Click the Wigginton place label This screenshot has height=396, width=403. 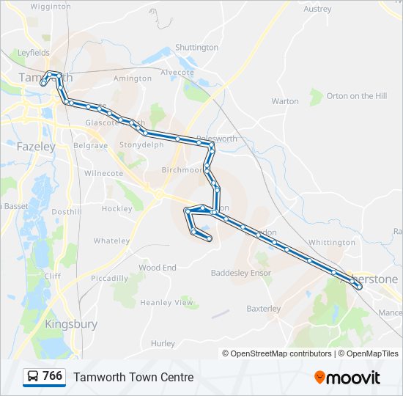tap(51, 6)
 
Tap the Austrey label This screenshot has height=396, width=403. tap(317, 10)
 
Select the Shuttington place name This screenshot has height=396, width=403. tap(196, 48)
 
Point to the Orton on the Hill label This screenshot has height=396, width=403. tap(357, 96)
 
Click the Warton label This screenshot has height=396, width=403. tap(285, 101)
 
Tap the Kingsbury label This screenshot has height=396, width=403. tap(71, 323)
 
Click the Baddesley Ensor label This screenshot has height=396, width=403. tap(241, 274)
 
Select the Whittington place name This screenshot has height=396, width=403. tap(331, 243)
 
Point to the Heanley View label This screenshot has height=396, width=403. tap(167, 303)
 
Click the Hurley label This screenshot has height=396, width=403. tap(163, 343)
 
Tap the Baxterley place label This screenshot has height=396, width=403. tap(264, 309)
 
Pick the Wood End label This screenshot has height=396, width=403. tap(158, 268)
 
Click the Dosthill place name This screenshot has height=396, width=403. tap(67, 212)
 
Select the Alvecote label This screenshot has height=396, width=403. tap(177, 73)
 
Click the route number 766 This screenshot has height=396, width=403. tap(52, 376)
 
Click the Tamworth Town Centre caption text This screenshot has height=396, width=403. tap(133, 378)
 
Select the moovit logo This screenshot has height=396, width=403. tap(347, 378)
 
